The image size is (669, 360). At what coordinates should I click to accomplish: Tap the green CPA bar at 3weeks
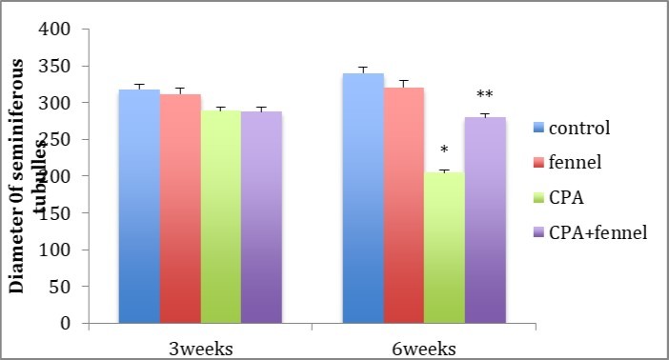(x=220, y=220)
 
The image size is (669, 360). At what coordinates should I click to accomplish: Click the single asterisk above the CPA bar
(x=445, y=150)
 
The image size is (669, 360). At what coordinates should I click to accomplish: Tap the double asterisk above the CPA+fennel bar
(x=485, y=95)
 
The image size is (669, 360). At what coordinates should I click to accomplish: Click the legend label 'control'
(x=580, y=127)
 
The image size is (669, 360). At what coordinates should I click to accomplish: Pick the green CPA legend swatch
(x=539, y=197)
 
